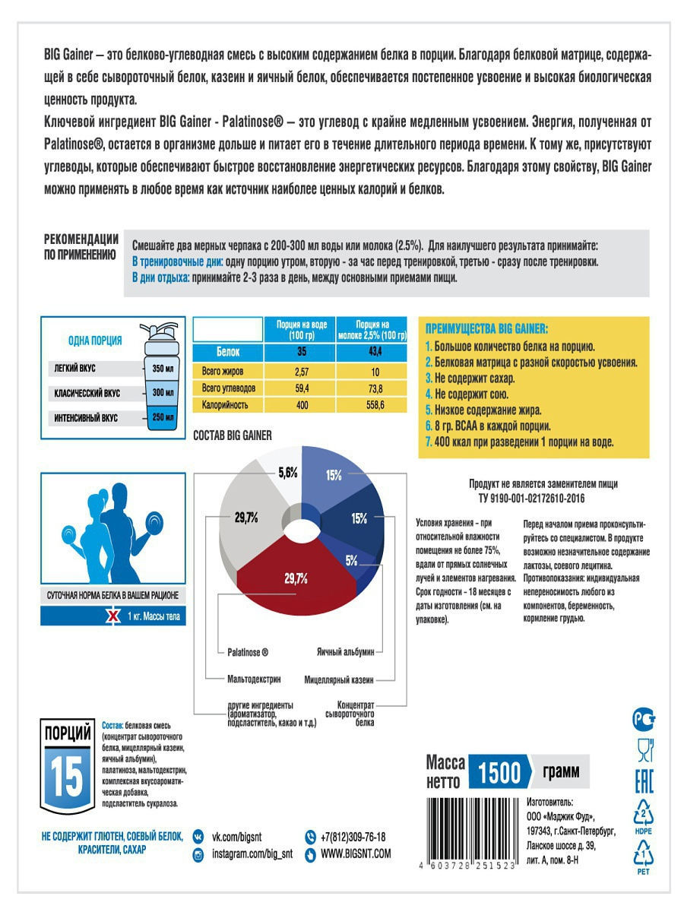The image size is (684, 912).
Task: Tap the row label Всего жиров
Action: click(222, 370)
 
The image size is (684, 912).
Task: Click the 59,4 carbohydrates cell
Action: click(302, 388)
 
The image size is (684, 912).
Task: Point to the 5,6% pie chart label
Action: click(288, 472)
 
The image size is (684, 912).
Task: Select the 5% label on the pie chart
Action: click(351, 561)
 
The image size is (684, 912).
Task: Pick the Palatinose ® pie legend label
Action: click(247, 652)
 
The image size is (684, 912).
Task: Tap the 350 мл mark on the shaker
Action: click(163, 369)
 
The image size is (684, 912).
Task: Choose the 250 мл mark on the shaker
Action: click(163, 417)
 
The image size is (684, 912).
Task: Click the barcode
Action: click(466, 831)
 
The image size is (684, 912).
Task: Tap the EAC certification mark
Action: click(643, 782)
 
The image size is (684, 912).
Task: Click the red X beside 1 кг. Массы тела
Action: click(112, 616)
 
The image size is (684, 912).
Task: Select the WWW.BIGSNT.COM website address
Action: click(355, 854)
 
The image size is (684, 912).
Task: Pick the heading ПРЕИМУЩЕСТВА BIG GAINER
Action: click(486, 329)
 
